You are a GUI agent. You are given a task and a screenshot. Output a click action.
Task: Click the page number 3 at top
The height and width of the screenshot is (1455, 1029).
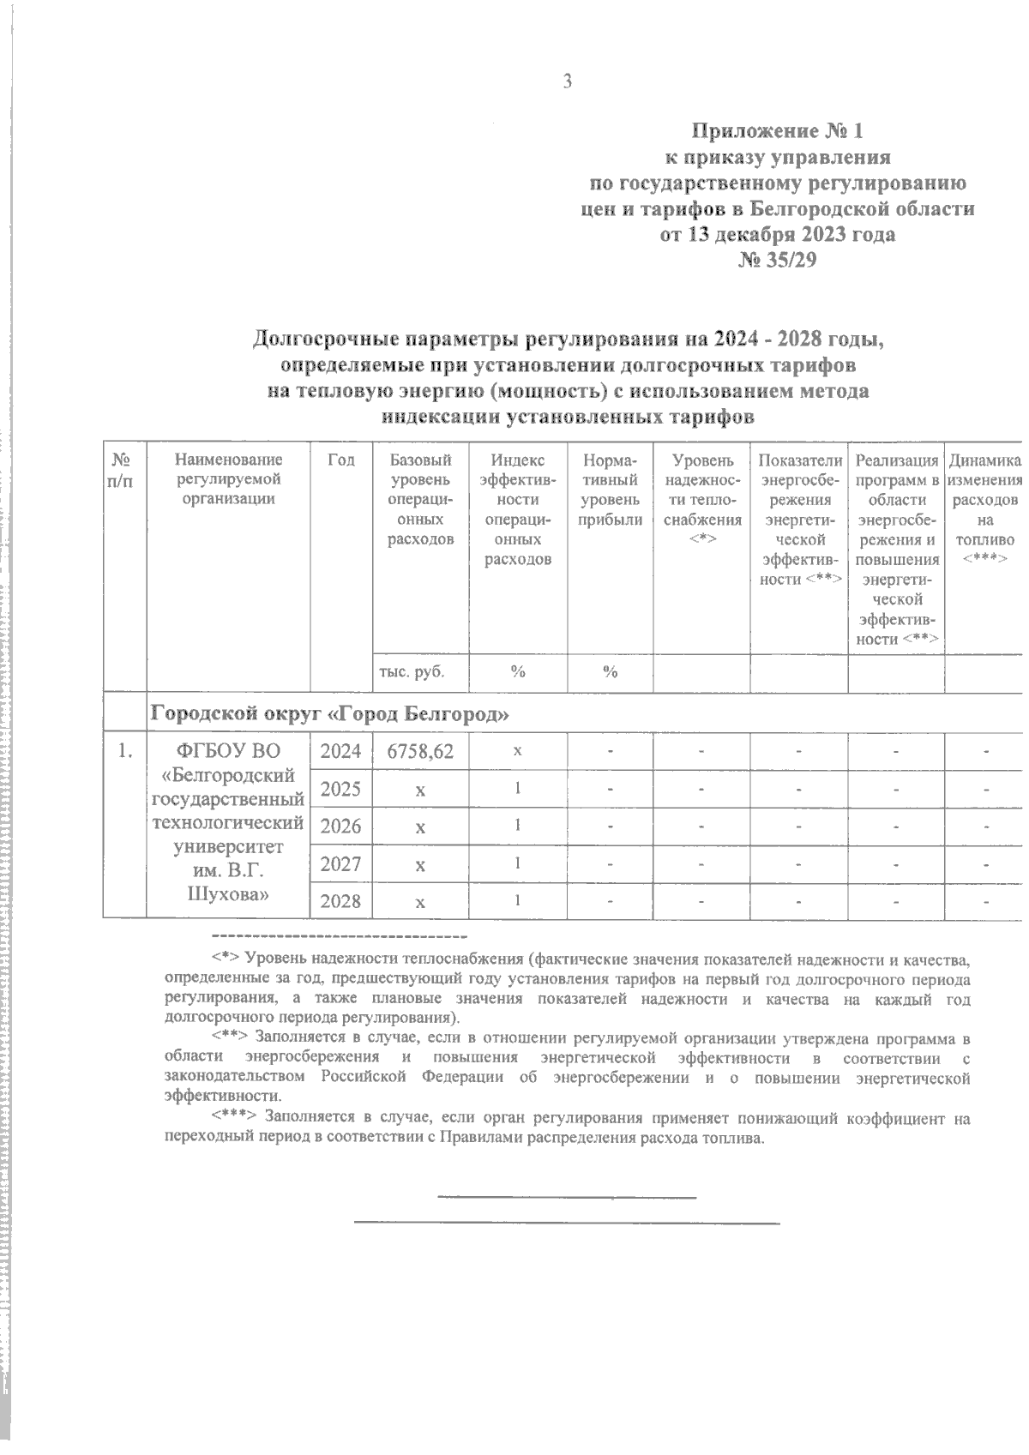566,82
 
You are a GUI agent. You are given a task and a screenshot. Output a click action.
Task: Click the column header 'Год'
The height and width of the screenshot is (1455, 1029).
341,460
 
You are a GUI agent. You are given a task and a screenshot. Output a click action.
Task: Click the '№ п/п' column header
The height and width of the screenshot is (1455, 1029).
122,470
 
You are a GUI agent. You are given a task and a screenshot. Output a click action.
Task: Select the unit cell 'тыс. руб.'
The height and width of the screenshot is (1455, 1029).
412,672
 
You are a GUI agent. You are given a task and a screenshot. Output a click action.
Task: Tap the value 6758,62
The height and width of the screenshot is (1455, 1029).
420,752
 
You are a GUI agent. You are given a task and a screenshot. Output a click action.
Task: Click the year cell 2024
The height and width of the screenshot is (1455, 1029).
340,752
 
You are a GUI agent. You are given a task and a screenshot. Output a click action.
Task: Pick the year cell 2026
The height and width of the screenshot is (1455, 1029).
340,827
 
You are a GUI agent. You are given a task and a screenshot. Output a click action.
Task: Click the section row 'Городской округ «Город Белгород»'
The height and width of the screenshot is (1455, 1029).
334,713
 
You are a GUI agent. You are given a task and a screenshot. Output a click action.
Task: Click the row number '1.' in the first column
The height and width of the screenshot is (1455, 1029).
126,752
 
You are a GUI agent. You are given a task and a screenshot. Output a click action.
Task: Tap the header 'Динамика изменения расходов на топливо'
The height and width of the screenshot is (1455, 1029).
984,509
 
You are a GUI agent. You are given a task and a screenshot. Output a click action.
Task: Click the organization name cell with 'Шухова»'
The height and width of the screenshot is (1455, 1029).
227,894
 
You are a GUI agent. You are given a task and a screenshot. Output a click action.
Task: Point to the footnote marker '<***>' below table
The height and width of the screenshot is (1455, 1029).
234,1117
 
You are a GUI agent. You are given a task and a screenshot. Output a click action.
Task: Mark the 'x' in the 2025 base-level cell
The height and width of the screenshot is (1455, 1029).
420,790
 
